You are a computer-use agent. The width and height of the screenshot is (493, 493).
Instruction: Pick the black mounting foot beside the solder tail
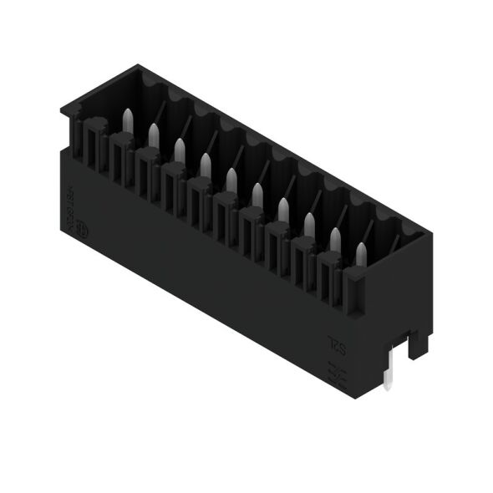(418, 343)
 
